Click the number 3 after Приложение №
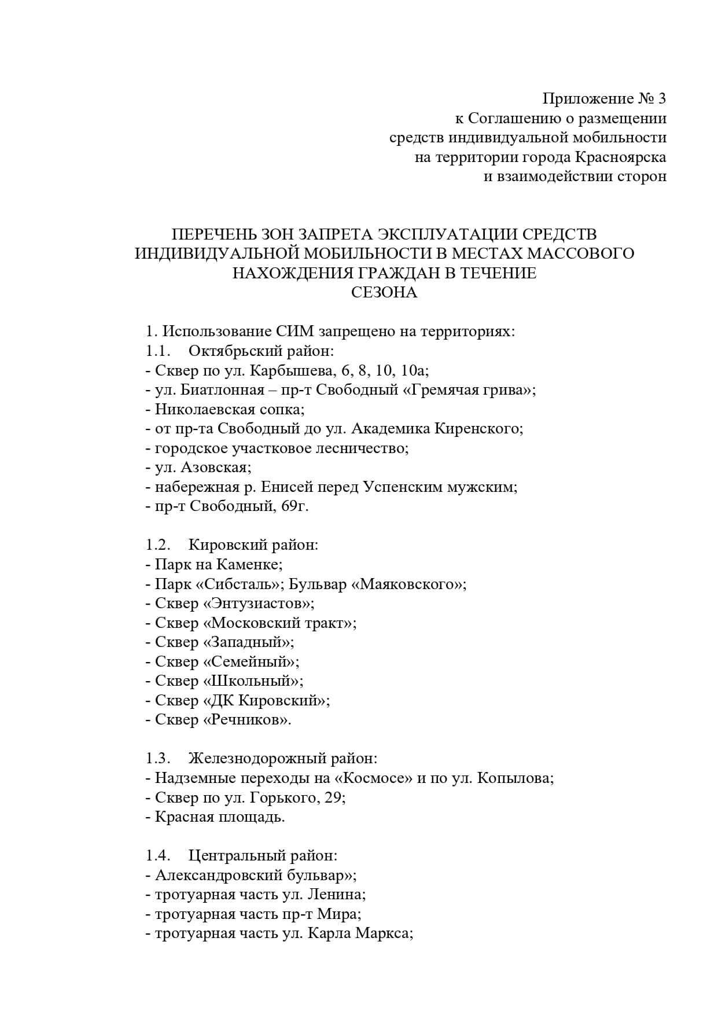(x=661, y=98)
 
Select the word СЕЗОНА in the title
(x=384, y=292)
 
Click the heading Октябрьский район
(x=261, y=351)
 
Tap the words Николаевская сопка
(x=229, y=409)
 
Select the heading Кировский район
(x=253, y=545)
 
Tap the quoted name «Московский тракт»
(x=279, y=623)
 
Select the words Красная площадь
(x=219, y=817)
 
